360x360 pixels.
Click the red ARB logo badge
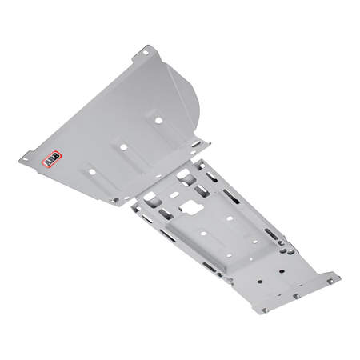click(x=51, y=159)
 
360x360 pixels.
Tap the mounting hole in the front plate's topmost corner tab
click(x=146, y=53)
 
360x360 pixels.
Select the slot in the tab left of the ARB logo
click(x=25, y=159)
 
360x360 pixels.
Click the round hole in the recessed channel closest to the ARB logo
click(x=92, y=172)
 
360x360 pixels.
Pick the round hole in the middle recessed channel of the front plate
click(x=123, y=146)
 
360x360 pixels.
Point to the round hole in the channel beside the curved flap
click(x=158, y=120)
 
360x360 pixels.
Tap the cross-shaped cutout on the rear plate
click(x=192, y=207)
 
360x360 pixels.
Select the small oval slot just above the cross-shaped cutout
click(x=174, y=194)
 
